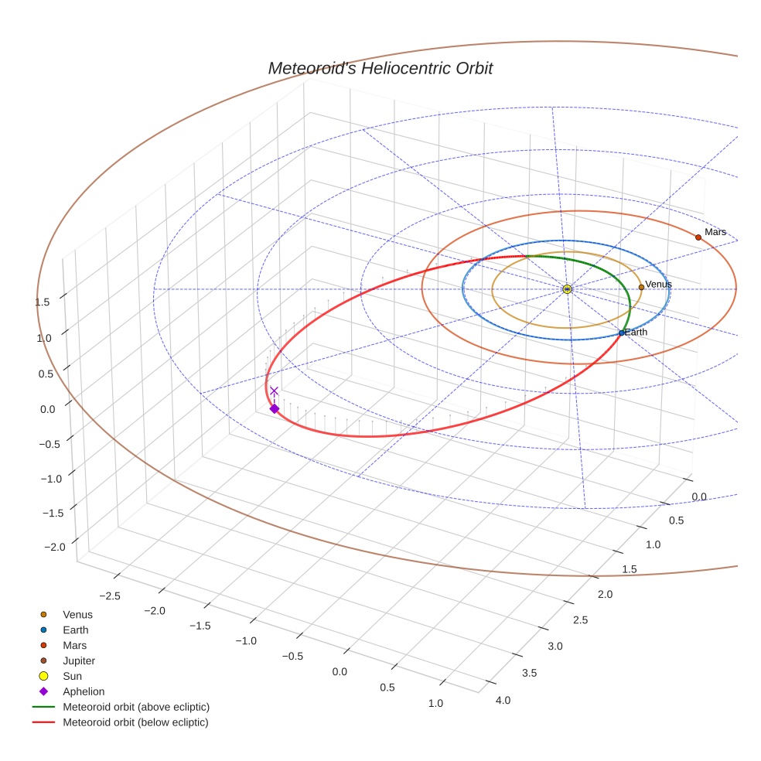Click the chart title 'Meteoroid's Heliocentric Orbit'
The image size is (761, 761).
[x=380, y=69]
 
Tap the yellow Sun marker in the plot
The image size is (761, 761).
[x=567, y=289]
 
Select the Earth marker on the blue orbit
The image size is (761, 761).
[x=621, y=333]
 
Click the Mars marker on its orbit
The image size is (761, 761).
[x=698, y=237]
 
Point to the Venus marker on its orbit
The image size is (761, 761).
[x=641, y=287]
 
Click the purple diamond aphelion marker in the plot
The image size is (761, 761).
[x=274, y=408]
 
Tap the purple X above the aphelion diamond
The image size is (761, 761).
[x=274, y=391]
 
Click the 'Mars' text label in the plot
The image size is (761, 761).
[x=715, y=232]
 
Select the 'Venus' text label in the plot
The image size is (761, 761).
[x=658, y=285]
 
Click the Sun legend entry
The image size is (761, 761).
[x=73, y=676]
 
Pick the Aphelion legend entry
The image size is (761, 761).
[x=83, y=691]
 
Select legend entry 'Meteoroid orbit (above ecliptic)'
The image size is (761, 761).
[x=136, y=707]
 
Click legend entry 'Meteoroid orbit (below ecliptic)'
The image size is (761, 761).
[x=135, y=722]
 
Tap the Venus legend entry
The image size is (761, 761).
[x=77, y=615]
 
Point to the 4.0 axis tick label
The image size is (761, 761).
[x=502, y=701]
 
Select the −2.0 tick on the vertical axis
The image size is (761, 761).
[x=55, y=548]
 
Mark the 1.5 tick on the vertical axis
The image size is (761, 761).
[x=43, y=302]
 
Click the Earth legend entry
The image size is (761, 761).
[x=75, y=630]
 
